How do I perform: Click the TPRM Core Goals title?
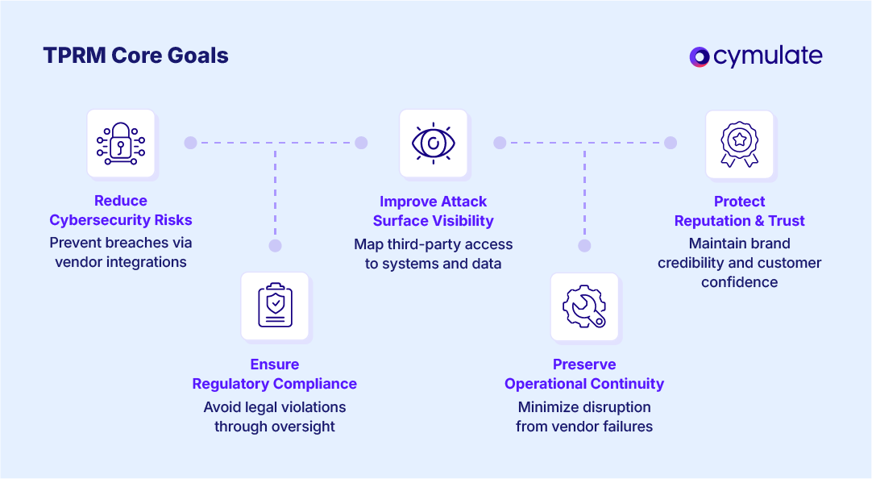tap(135, 56)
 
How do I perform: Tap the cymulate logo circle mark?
tap(699, 56)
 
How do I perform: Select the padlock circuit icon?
tap(121, 144)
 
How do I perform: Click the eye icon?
tap(434, 144)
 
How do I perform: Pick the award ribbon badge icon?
tap(740, 144)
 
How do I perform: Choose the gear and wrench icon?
tap(584, 306)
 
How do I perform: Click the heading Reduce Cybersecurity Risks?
tap(121, 210)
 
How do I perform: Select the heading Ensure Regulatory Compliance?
tap(275, 374)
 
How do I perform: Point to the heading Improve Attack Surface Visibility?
tap(434, 211)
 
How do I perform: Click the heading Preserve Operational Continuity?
tap(584, 374)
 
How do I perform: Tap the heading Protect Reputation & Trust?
tap(740, 211)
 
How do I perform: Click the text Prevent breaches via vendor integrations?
tap(121, 252)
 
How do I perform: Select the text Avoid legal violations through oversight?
tap(275, 417)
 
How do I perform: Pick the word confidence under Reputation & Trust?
tap(740, 282)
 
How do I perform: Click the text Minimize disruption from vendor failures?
tap(584, 417)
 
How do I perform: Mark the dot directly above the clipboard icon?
tap(275, 246)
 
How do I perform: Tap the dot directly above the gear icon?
tap(584, 246)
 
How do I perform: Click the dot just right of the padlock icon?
tap(190, 143)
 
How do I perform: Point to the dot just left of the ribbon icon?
tap(671, 143)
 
